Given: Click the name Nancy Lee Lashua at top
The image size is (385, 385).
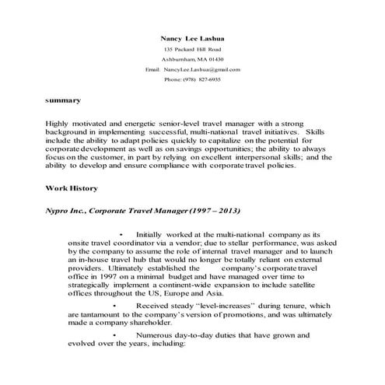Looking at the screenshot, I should point(192,37).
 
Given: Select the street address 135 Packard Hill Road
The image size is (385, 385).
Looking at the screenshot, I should point(192,49).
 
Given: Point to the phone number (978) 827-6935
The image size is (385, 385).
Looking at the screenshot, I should point(205,79).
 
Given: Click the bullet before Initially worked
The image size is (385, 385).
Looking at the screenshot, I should point(122,233).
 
